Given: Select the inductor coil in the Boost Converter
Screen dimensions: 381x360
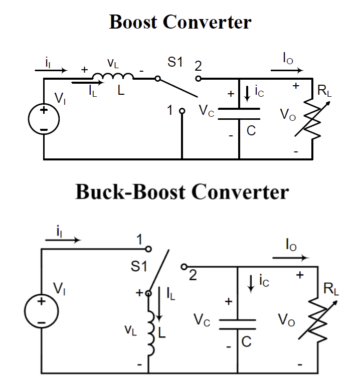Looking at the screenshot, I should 113,76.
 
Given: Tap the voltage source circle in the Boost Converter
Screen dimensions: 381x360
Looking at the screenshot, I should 44,119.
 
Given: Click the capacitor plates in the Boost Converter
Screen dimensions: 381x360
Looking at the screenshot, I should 240,112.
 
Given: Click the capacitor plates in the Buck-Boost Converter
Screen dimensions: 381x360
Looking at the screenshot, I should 238,324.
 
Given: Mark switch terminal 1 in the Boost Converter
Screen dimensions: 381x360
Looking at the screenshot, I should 183,111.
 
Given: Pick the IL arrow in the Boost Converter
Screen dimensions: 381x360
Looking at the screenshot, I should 83,83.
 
